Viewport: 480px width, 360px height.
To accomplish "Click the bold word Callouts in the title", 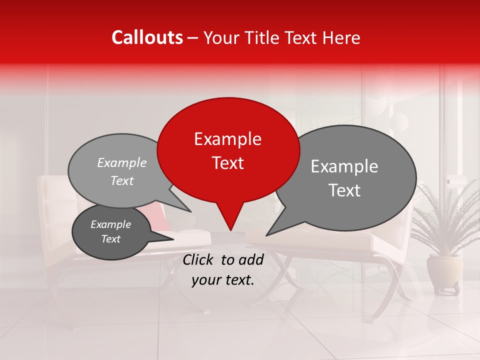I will [x=147, y=37].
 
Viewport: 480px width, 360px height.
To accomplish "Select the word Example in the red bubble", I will [x=227, y=139].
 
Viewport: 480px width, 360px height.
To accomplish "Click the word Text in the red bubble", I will [x=227, y=162].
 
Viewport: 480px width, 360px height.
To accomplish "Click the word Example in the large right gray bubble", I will [x=344, y=166].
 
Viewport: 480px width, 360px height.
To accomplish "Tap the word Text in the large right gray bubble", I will [x=344, y=190].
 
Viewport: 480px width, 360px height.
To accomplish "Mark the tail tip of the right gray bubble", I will [x=267, y=235].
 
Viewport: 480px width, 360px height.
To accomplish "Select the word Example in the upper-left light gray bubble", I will [x=122, y=162].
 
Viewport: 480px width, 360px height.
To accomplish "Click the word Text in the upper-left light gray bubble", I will [x=122, y=180].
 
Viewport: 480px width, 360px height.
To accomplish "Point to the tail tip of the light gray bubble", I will [x=191, y=211].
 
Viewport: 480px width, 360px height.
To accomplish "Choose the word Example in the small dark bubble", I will [x=110, y=224].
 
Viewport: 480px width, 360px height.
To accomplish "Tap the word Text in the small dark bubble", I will [x=110, y=239].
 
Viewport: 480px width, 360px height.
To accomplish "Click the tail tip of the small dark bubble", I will [x=173, y=239].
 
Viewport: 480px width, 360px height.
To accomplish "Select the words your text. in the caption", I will [x=222, y=280].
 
